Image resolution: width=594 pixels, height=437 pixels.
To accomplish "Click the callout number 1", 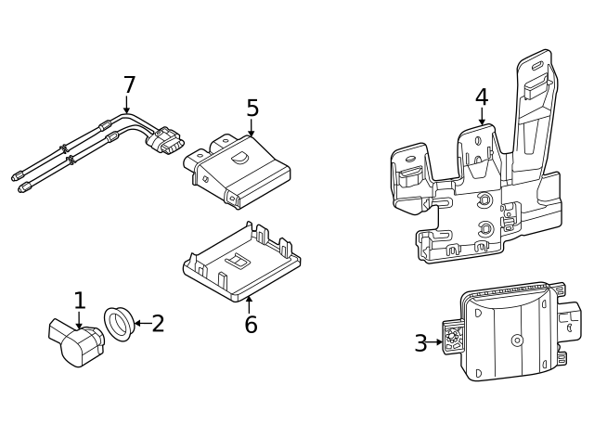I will pos(80,301).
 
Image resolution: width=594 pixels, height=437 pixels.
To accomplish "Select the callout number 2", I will pos(158,324).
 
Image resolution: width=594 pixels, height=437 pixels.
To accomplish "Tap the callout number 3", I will pos(420,343).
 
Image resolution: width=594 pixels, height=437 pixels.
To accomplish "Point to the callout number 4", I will pos(481,97).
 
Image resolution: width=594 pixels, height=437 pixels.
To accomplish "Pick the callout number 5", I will pos(252,109).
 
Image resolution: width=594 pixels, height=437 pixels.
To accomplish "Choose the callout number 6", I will pos(251,325).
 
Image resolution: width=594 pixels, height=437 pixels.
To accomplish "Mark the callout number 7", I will pos(129,85).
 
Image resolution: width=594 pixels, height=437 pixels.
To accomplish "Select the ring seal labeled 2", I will pos(118,323).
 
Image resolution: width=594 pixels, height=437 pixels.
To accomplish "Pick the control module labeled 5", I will pos(239,167).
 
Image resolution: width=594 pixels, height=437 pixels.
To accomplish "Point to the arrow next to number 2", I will pos(139,324).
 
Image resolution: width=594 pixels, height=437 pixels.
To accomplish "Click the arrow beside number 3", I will pos(436,342).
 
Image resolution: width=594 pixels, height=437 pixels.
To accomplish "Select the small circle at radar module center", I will pos(517,341).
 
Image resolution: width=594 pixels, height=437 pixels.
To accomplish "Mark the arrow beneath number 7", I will pos(127,106).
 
